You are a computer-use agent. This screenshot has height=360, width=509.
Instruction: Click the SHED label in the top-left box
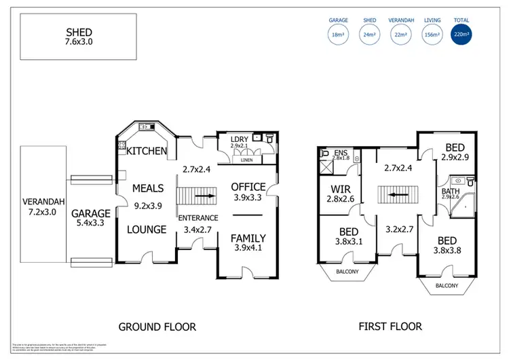coord(79,32)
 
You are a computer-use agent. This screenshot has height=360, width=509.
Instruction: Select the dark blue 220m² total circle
coord(461,35)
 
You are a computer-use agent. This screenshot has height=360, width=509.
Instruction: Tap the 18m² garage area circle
coord(338,35)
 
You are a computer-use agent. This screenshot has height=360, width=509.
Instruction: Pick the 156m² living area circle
coord(431,35)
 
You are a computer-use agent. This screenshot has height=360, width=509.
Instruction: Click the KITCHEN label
coord(147,151)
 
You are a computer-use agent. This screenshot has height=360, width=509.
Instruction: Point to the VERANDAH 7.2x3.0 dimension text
coord(43,212)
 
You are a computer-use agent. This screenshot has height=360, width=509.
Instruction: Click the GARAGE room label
coord(91,212)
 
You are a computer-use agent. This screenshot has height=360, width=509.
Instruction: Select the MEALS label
coord(148,188)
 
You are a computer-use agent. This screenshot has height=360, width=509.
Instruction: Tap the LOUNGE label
coord(147,230)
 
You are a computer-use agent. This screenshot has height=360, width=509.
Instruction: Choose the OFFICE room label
coord(248,187)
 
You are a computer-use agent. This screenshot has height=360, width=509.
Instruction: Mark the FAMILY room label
coord(248,238)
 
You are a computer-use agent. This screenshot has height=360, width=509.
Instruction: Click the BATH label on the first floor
coord(451,191)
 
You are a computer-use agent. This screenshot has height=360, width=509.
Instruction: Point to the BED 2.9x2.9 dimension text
coord(455,157)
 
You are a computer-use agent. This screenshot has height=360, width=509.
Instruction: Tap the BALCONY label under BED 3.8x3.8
coord(447,287)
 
